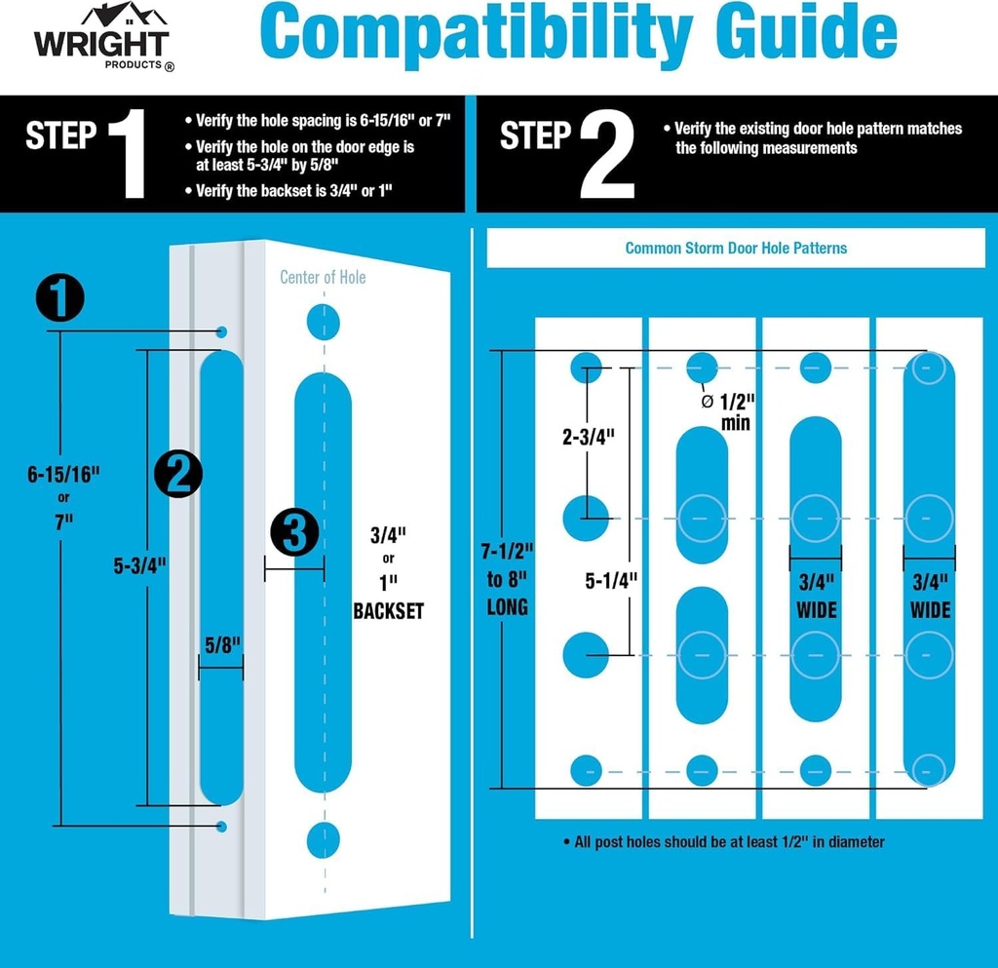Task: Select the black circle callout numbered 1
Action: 60,298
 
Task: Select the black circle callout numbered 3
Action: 294,532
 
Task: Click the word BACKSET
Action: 389,611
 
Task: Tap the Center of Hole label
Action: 323,278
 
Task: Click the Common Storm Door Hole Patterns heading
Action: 736,248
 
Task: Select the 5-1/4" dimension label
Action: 611,580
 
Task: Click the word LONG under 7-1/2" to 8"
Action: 508,607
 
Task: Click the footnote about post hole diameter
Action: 723,841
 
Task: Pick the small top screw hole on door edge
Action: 222,331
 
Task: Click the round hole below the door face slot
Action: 323,838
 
